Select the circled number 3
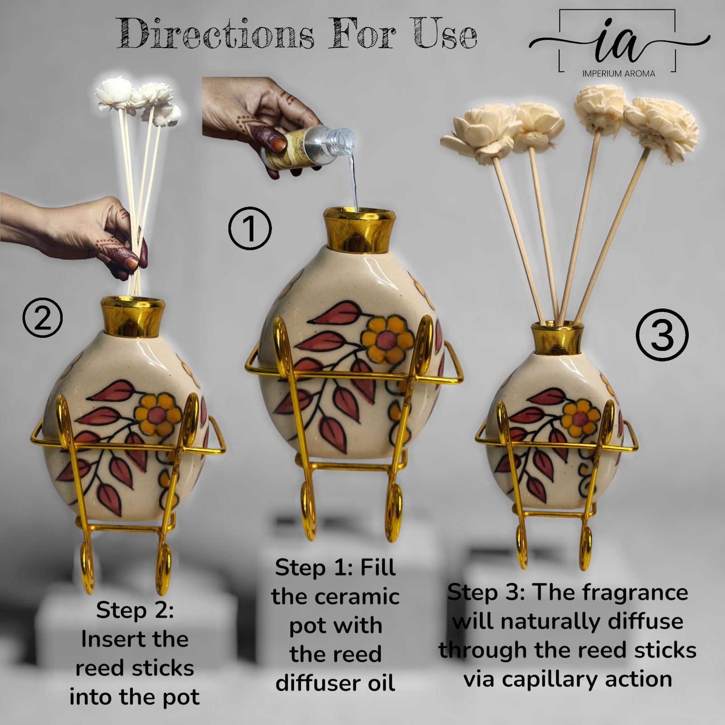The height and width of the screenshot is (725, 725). [662, 336]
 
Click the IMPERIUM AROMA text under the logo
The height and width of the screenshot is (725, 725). [619, 73]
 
